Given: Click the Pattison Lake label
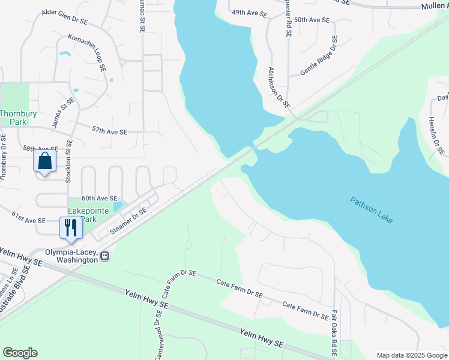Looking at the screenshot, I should tap(372, 209).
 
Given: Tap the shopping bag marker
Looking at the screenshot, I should tap(45, 161).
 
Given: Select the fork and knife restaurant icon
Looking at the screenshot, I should tap(70, 227).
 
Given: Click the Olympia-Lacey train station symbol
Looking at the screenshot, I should tap(104, 256).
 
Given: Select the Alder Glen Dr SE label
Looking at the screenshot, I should tap(65, 16).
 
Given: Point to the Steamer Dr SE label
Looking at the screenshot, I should tap(127, 220).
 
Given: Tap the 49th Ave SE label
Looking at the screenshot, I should tap(249, 13).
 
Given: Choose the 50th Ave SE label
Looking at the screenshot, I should tap(312, 20).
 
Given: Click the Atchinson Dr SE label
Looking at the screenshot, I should tap(279, 86).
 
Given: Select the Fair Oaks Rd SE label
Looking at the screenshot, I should tap(334, 333).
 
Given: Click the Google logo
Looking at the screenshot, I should tap(20, 353).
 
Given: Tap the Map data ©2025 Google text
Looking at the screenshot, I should tap(412, 355).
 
